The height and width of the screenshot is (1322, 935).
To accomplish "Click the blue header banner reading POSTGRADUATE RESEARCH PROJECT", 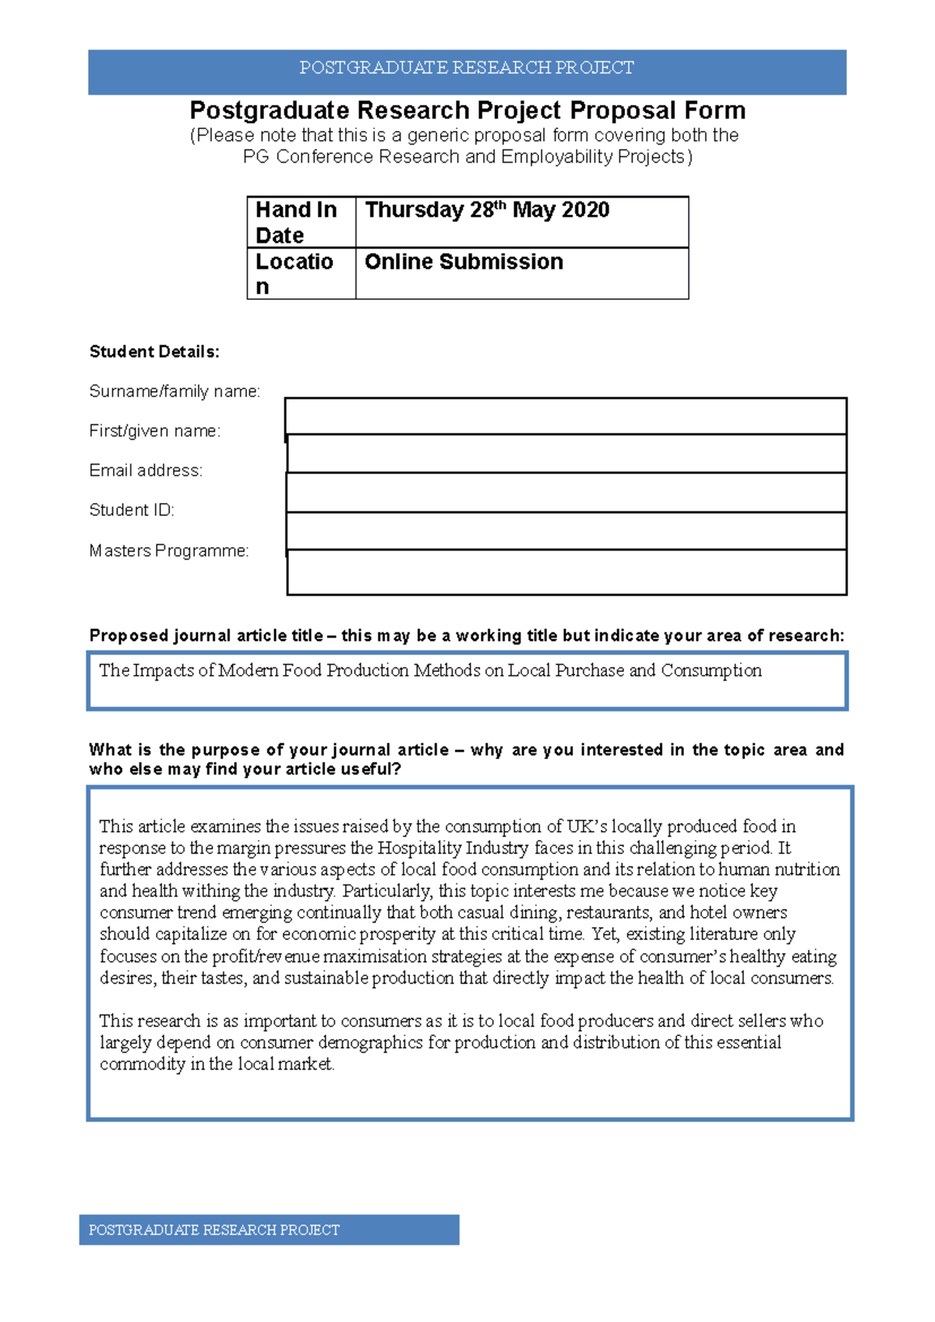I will (467, 69).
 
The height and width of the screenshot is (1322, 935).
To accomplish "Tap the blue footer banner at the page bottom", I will (269, 1229).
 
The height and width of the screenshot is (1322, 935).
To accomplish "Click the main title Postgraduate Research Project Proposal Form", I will (467, 110).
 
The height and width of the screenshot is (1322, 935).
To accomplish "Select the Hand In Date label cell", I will (301, 222).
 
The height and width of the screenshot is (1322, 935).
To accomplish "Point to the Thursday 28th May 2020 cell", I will (522, 222).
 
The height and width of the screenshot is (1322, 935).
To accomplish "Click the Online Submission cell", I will (522, 273).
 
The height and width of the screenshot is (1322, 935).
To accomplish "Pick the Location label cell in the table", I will (301, 273).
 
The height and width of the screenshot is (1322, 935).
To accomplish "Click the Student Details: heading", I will (154, 352).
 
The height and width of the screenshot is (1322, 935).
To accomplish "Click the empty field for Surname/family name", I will (566, 416).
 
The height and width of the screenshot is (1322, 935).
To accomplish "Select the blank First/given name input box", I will (566, 453).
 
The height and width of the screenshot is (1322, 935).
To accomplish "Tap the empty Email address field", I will (566, 492).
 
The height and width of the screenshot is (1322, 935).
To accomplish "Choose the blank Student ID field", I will (566, 531).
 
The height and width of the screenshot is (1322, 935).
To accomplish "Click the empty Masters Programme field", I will (566, 572).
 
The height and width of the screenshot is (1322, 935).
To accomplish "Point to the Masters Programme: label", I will (169, 551).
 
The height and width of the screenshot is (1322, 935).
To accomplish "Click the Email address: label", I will (146, 470).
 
